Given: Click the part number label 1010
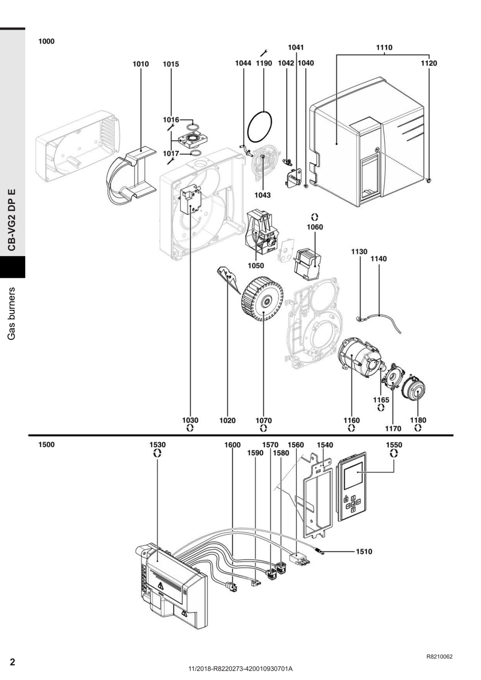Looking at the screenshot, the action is (x=141, y=64).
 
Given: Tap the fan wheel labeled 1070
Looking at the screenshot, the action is (x=263, y=302).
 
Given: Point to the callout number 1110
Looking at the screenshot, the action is (x=384, y=48).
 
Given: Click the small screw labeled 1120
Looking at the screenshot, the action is (x=429, y=180).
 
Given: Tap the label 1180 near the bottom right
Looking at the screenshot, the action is (x=418, y=420).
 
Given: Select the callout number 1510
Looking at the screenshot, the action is (x=364, y=551).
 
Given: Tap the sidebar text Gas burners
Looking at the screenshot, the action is (x=12, y=313).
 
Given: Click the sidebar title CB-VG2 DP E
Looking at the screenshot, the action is (x=12, y=220).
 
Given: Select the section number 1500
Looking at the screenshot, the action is (x=47, y=445).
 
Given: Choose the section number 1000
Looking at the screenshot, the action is (x=47, y=41).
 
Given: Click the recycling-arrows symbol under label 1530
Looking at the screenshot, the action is (x=157, y=453).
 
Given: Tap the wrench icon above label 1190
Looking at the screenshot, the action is (x=263, y=53).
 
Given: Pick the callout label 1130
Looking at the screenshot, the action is (x=359, y=252).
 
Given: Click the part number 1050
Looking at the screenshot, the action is (x=256, y=266).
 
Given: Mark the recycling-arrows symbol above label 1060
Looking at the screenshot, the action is (x=315, y=217).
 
